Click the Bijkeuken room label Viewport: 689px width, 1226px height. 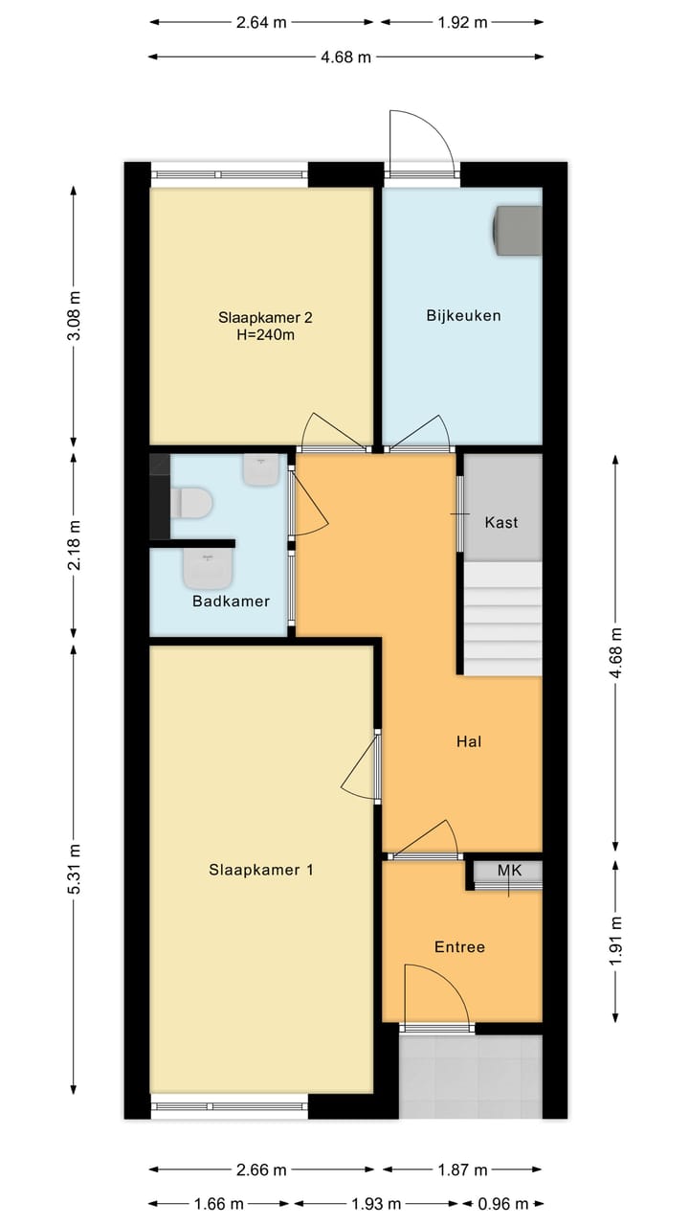click(463, 315)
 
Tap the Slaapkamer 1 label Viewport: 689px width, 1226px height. click(261, 870)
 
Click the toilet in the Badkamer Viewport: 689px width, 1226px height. click(191, 502)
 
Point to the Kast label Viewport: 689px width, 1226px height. click(501, 522)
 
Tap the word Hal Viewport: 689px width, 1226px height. click(468, 740)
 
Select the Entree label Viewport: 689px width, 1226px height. click(459, 946)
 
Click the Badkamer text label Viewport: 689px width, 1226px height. click(231, 602)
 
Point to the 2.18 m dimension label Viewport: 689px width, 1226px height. click(75, 544)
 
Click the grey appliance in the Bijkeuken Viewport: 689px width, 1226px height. click(517, 231)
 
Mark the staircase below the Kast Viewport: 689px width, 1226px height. click(503, 618)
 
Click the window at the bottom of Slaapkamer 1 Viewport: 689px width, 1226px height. click(230, 1106)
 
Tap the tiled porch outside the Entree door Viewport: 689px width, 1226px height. click(470, 1077)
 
